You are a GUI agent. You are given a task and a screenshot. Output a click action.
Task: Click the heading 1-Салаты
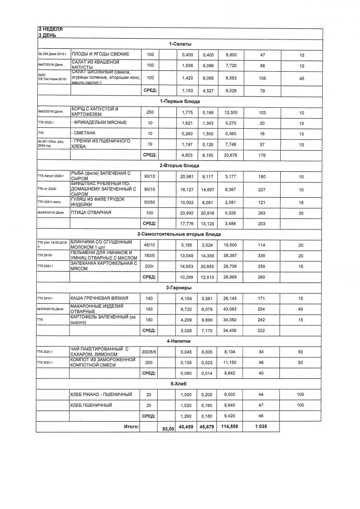[180, 44]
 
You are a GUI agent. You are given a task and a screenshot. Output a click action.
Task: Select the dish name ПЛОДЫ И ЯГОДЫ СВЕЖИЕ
[100, 55]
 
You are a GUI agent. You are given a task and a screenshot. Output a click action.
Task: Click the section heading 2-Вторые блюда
[180, 165]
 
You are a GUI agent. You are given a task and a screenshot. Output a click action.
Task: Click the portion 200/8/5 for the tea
[149, 352]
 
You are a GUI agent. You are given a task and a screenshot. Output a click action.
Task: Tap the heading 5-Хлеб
[180, 384]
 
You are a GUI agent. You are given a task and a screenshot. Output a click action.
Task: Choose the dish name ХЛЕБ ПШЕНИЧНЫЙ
[91, 406]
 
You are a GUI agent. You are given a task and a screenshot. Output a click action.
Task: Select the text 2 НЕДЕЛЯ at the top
[50, 29]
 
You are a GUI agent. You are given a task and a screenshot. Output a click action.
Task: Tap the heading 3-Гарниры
[180, 288]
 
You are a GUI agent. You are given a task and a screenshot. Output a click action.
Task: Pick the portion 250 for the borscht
[149, 112]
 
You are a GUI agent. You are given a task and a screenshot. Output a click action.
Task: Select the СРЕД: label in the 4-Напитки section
[149, 373]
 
